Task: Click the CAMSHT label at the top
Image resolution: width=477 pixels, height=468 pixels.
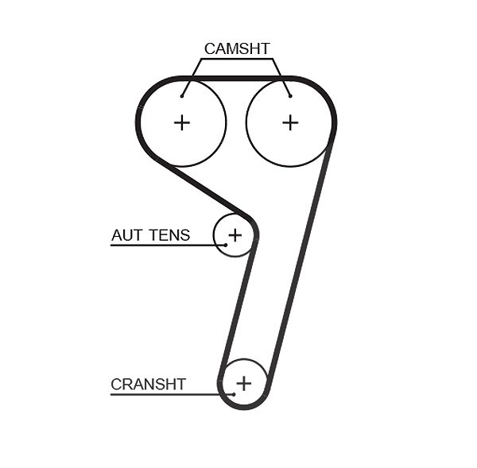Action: [x=237, y=48]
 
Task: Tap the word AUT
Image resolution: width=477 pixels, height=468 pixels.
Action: [x=126, y=235]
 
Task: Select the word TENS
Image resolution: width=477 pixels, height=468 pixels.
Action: [x=170, y=235]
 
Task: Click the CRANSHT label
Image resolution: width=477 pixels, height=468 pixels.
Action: [x=148, y=384]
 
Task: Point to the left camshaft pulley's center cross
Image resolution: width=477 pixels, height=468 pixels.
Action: [x=182, y=123]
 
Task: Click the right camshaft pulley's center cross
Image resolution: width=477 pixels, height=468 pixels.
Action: [x=290, y=123]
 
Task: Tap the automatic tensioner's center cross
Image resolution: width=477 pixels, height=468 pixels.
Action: [x=235, y=235]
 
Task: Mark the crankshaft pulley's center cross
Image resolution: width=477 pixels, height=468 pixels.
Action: [x=244, y=383]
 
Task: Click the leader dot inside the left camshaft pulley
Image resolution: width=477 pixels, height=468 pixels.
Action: [x=182, y=96]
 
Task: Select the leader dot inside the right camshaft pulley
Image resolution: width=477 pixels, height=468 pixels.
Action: [x=290, y=96]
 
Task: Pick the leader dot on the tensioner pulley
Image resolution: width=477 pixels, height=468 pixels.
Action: [x=226, y=245]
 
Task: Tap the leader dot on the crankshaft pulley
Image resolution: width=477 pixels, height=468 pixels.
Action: [x=234, y=394]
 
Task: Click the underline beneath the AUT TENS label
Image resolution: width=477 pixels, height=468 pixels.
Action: [x=168, y=245]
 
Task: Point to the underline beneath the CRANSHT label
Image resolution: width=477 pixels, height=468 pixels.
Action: [x=172, y=394]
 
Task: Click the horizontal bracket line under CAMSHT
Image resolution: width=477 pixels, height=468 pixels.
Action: [x=237, y=59]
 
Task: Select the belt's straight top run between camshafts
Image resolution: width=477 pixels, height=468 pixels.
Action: [x=236, y=79]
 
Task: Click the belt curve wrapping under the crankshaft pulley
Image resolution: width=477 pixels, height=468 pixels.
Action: [x=244, y=407]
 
